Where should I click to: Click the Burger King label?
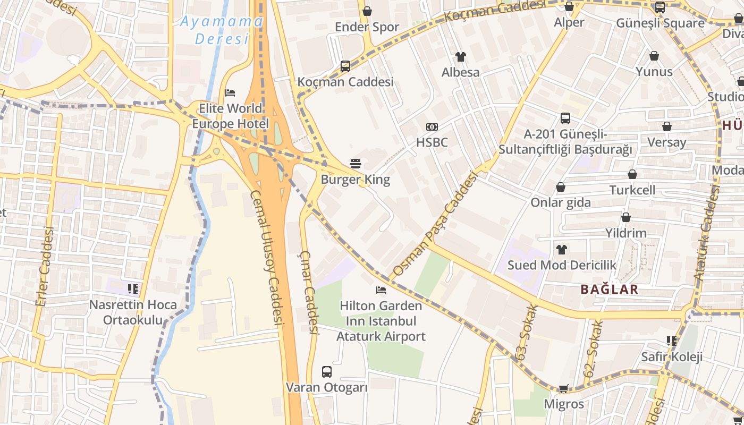355,180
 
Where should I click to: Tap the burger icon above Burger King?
356,164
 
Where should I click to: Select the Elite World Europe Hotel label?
230,116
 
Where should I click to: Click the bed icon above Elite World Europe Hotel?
230,93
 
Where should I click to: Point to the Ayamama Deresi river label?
222,30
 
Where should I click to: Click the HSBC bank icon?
432,127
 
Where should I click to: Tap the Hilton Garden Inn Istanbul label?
381,321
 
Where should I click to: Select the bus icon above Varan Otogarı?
327,372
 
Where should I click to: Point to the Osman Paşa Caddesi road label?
435,226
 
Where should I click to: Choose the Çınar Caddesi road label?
309,293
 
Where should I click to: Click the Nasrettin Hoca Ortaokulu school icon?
133,289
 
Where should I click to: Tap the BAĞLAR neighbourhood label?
609,290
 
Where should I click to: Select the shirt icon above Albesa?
460,57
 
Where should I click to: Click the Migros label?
564,404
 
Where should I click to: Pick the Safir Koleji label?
672,357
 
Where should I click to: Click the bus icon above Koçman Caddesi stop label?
345,66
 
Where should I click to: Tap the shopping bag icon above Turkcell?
632,174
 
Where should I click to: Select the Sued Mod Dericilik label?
562,265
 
